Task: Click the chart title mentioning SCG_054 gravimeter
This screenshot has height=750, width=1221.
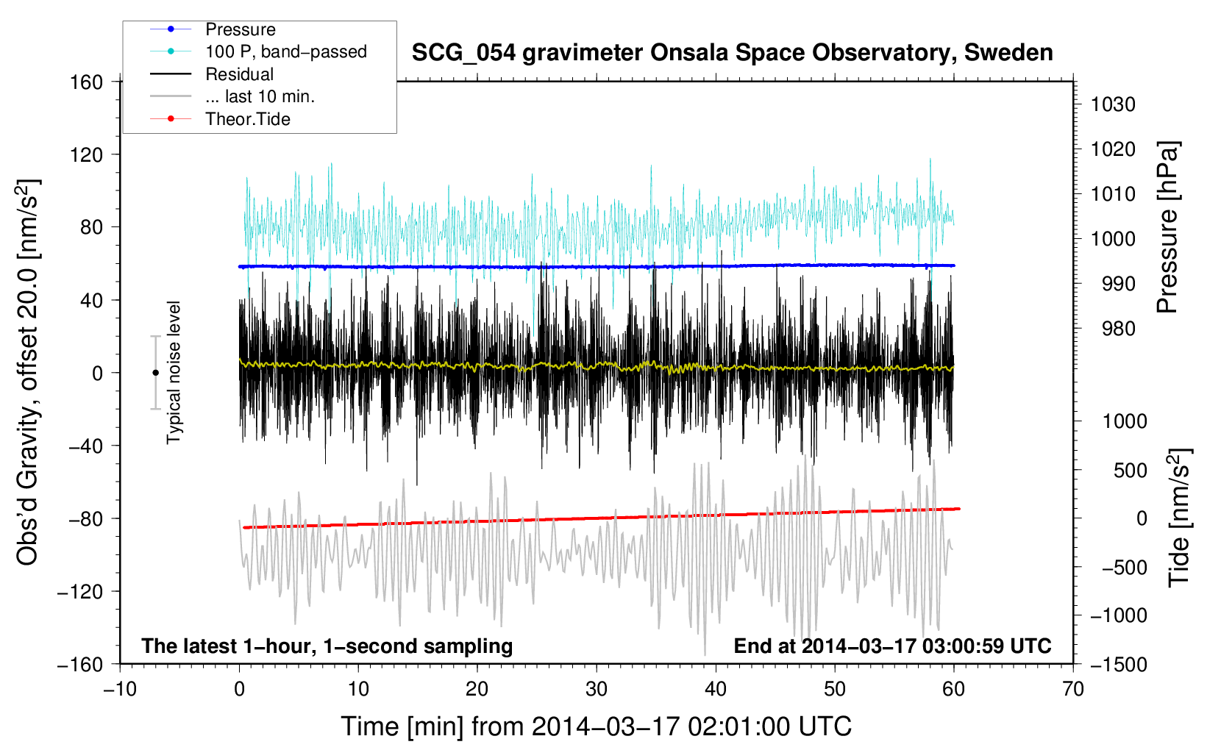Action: [x=732, y=53]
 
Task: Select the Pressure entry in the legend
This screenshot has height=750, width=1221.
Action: [x=241, y=29]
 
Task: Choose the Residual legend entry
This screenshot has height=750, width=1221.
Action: [x=239, y=74]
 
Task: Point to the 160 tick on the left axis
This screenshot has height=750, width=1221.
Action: [x=87, y=82]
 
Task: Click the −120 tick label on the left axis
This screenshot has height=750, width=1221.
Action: [x=80, y=591]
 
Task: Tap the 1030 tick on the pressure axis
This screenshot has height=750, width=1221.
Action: [x=1113, y=104]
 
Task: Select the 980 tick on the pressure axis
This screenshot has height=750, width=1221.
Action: [x=1119, y=329]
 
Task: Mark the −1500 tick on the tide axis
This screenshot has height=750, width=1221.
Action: [x=1119, y=665]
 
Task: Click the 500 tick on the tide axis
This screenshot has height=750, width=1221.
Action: [x=1131, y=470]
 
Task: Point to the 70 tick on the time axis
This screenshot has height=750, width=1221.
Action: [x=1072, y=689]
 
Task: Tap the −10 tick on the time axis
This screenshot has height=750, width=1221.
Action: [x=120, y=689]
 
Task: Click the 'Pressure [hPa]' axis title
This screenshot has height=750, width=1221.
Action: [x=1168, y=227]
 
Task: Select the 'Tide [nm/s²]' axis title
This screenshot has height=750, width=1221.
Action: [x=1180, y=518]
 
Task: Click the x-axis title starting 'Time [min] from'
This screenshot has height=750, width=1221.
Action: [x=597, y=727]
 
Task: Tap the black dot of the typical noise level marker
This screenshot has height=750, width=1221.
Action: [x=155, y=373]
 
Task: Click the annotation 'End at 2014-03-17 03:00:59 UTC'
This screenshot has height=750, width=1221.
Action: [x=892, y=646]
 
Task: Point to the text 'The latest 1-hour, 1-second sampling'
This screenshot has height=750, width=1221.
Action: [x=327, y=646]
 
